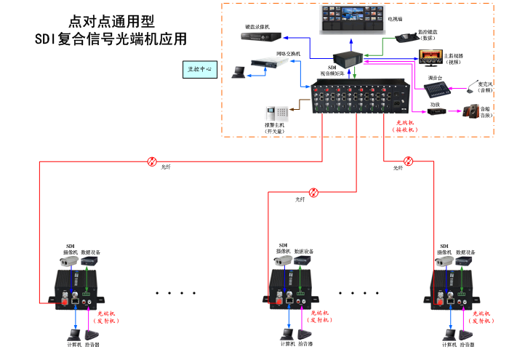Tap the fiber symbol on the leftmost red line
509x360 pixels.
[x=152, y=161]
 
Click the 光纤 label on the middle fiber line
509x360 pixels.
[x=300, y=199]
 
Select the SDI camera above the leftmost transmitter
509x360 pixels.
[x=69, y=260]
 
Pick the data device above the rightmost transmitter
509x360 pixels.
[x=467, y=260]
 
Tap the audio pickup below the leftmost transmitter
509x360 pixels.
[x=92, y=335]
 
